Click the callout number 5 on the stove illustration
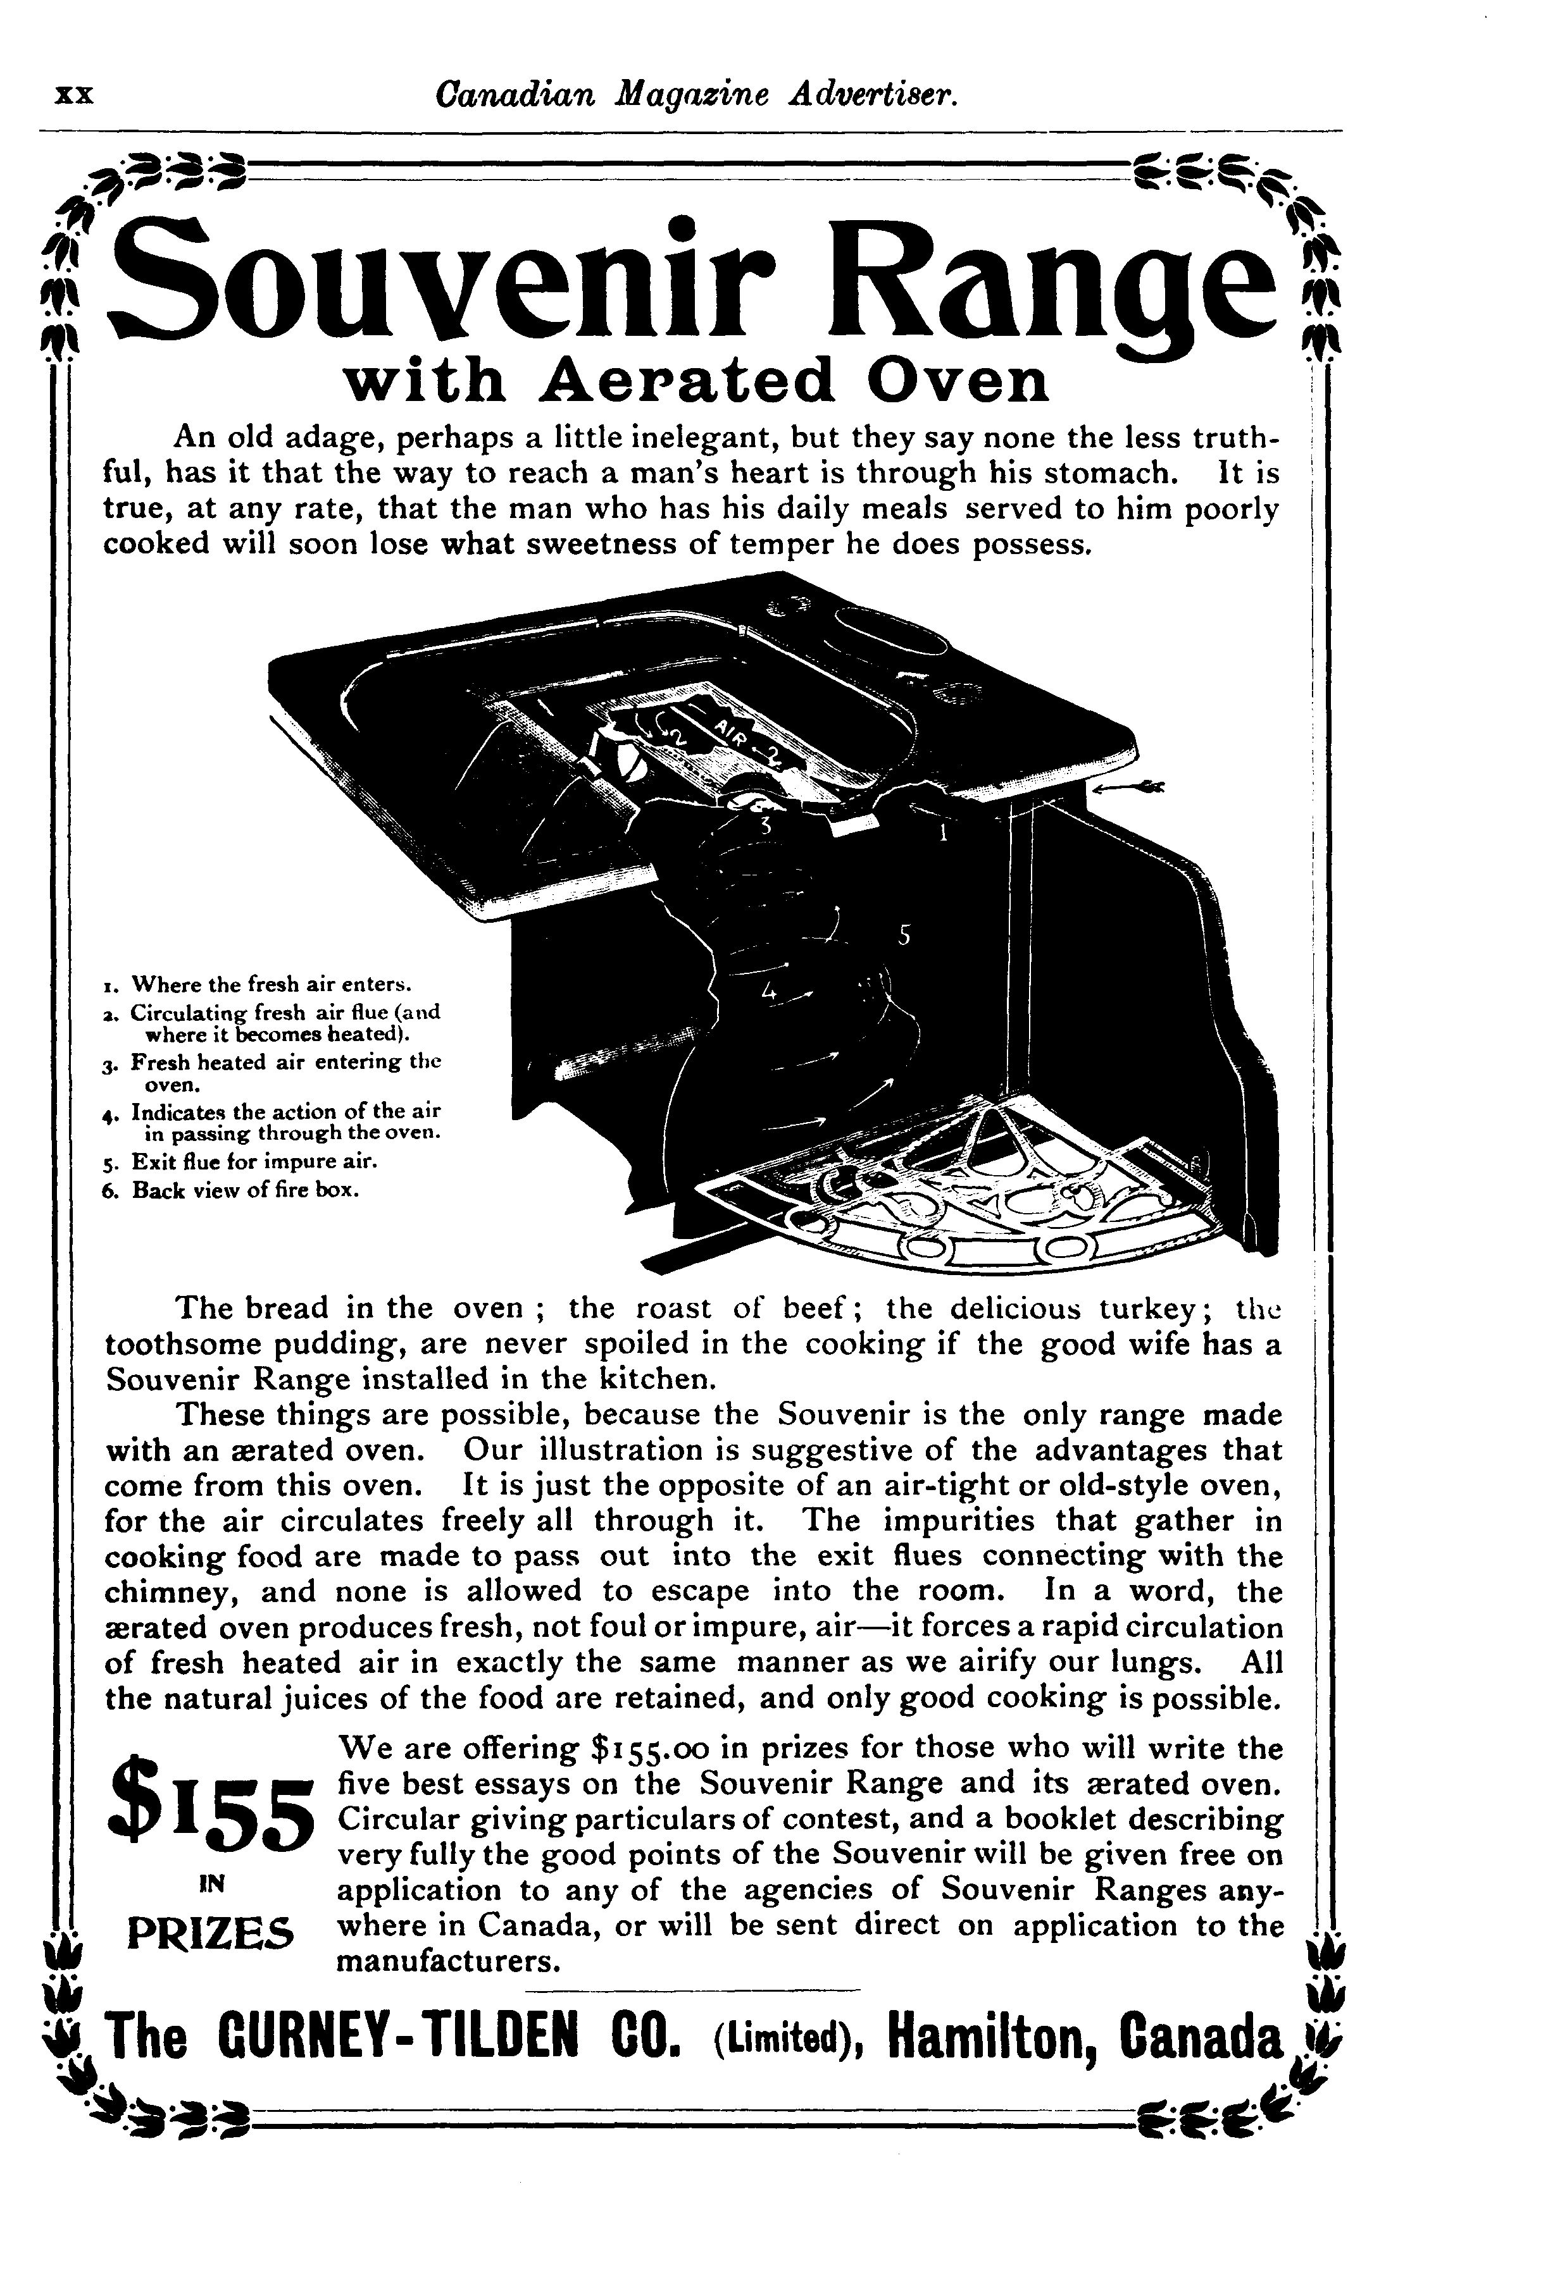point(904,936)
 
